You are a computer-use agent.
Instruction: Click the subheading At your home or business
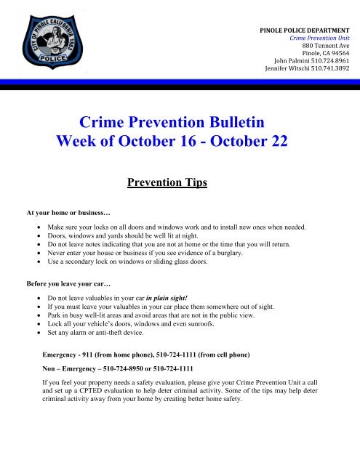[x=63, y=214]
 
